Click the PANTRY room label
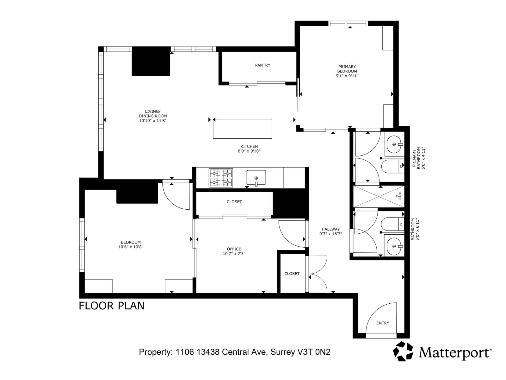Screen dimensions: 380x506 tap(262, 65)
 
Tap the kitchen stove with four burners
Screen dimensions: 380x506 tap(221, 178)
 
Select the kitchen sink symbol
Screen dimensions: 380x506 tap(256, 178)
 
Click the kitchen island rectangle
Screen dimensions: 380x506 tap(242, 129)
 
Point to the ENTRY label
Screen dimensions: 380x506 tap(383, 323)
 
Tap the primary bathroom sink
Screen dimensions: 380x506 tap(394, 144)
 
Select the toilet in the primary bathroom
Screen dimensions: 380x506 tap(392, 166)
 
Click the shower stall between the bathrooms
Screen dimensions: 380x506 tap(379, 196)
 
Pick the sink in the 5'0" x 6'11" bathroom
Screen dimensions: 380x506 tap(394, 246)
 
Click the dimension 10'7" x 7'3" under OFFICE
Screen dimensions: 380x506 tap(234, 254)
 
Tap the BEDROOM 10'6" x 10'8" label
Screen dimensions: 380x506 tap(131, 244)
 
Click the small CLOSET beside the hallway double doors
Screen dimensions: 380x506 tap(292, 274)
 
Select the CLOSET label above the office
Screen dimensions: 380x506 tap(234, 202)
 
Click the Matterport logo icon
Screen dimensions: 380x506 tap(403, 351)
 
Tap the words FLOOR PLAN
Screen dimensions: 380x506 tap(111, 306)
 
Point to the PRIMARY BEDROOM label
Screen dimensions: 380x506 tap(347, 69)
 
